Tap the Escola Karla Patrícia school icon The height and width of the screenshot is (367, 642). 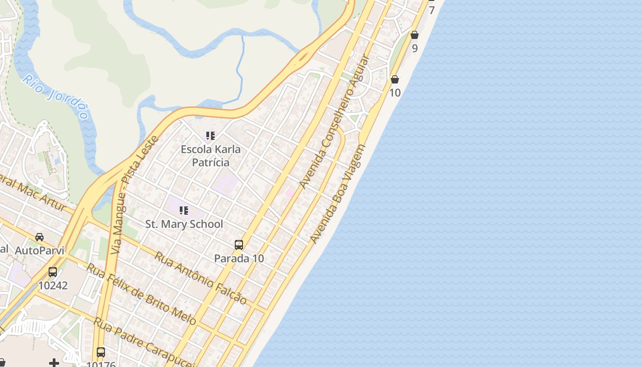[x=210, y=136]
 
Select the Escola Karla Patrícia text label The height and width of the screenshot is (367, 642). [x=210, y=156]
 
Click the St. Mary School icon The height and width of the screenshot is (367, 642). [x=184, y=211]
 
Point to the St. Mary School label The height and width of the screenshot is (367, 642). [x=184, y=224]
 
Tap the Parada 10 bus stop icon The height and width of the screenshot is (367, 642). [x=239, y=245]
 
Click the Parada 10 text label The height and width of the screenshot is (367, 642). [x=239, y=258]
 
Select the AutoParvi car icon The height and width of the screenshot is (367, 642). [x=39, y=237]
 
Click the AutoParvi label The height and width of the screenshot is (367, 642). [x=39, y=251]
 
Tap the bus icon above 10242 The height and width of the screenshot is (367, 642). [x=53, y=272]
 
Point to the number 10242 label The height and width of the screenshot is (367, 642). [x=53, y=286]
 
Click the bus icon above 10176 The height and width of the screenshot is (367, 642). [x=101, y=353]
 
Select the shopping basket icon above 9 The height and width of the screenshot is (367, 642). [x=415, y=35]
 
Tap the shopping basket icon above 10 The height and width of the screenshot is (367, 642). [x=395, y=80]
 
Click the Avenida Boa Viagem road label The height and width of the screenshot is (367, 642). [x=338, y=194]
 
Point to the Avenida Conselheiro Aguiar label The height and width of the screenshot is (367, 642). [x=334, y=122]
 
